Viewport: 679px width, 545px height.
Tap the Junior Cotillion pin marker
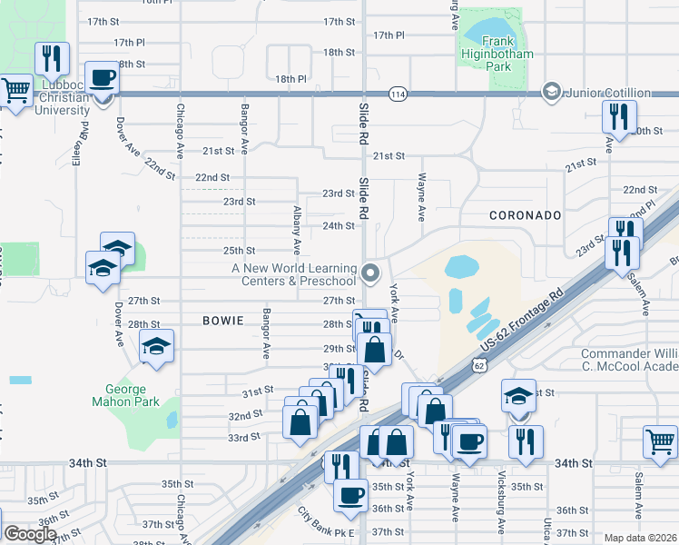[550, 92]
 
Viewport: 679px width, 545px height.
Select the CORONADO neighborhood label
[526, 215]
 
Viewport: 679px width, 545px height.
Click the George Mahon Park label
[126, 395]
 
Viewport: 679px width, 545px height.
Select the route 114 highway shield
[397, 94]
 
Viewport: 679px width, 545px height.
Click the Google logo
[30, 534]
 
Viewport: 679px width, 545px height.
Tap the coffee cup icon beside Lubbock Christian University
[102, 78]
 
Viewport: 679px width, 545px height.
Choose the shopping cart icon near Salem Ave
[660, 442]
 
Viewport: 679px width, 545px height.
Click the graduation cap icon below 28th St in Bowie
[157, 346]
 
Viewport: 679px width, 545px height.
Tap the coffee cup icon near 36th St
[350, 496]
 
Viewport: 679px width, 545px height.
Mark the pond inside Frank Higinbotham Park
[489, 33]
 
